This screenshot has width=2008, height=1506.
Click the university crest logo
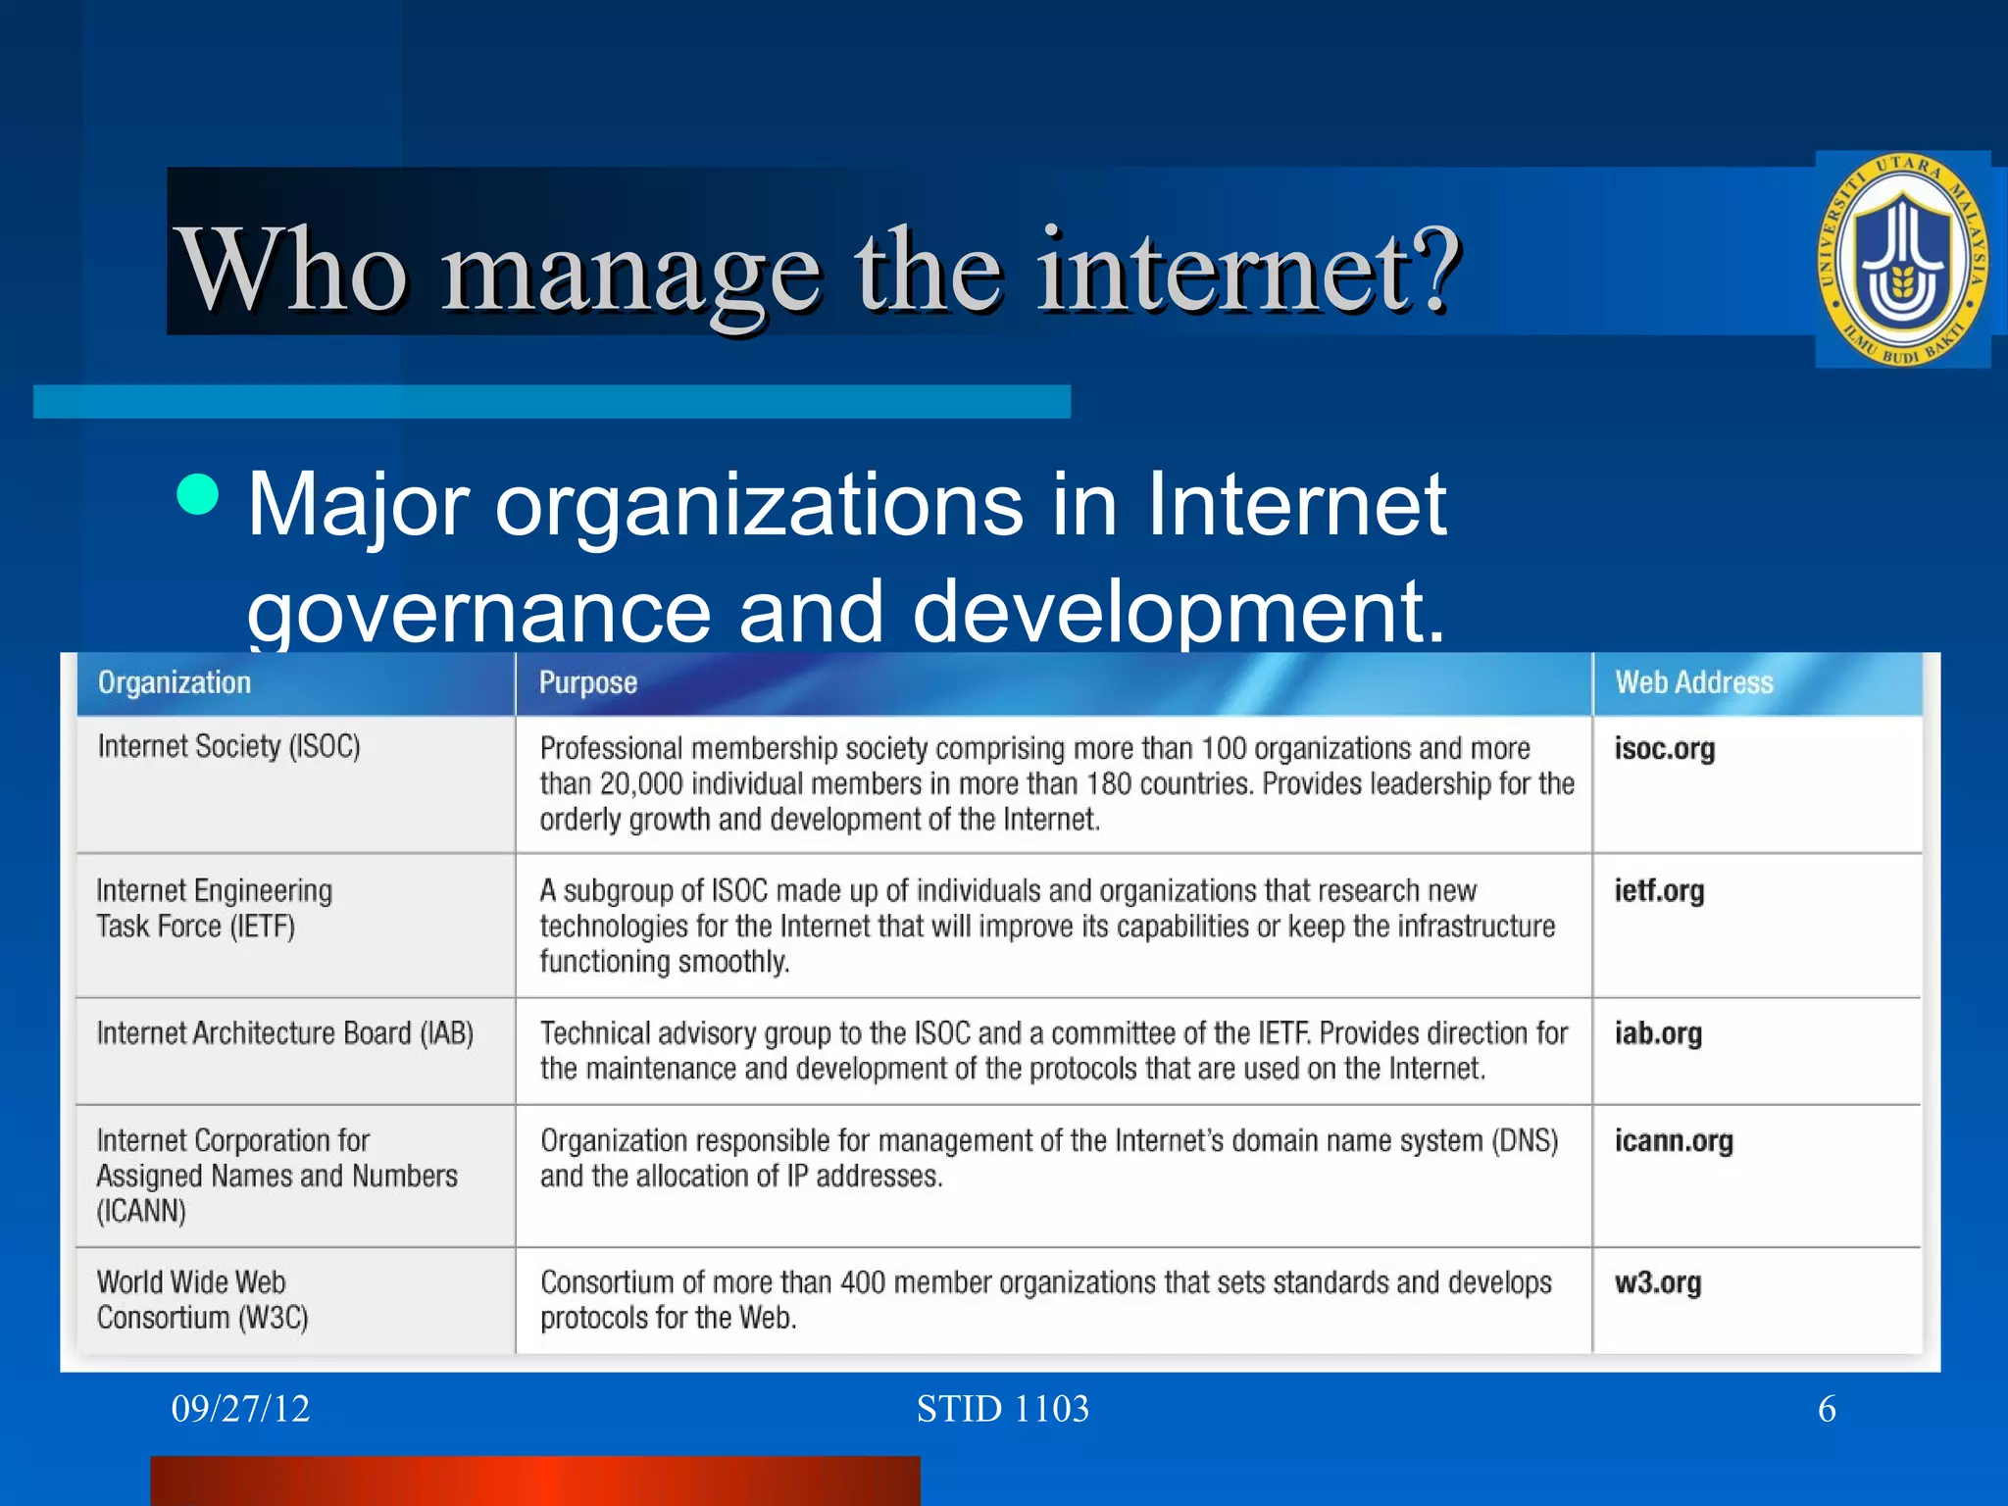click(x=1902, y=261)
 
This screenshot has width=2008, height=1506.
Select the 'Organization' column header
click(x=175, y=682)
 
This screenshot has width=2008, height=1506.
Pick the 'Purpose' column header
click(x=588, y=682)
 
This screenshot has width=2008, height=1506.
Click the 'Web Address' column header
click(x=1694, y=682)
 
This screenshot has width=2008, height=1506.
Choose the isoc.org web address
click(x=1665, y=749)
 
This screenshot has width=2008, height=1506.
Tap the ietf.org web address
click(x=1659, y=891)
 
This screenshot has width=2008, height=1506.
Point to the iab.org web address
click(x=1658, y=1033)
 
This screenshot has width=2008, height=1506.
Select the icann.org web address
click(x=1674, y=1141)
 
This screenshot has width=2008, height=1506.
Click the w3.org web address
click(x=1658, y=1282)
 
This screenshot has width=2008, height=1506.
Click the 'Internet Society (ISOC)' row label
click(x=229, y=747)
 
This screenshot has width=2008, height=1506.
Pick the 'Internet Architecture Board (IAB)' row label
click(x=285, y=1033)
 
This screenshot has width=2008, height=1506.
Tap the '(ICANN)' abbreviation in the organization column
click(x=141, y=1212)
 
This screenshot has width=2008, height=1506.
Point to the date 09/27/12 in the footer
click(x=240, y=1409)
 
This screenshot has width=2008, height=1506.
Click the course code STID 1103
click(x=1002, y=1409)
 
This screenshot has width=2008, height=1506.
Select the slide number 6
click(x=1827, y=1409)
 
